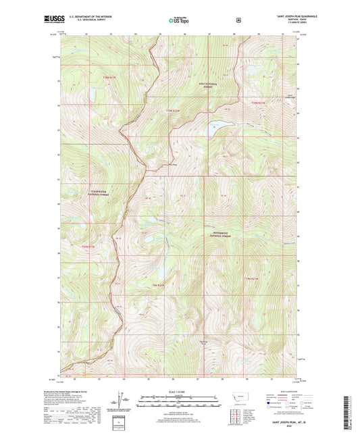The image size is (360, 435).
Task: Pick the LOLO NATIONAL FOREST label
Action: pos(209,84)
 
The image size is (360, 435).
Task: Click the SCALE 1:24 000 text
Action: pos(180,391)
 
